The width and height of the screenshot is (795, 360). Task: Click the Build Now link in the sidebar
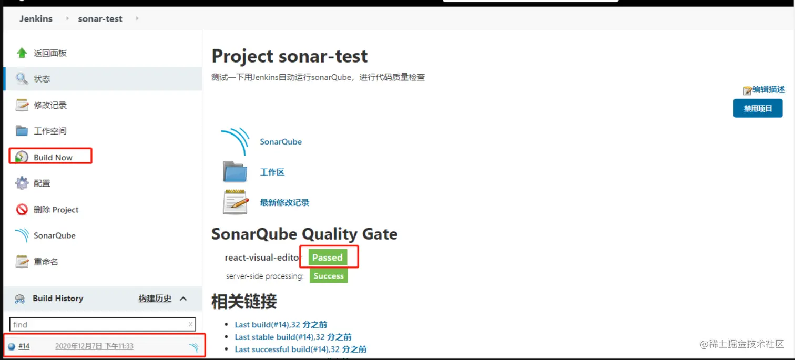(53, 157)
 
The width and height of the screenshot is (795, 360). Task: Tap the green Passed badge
(328, 258)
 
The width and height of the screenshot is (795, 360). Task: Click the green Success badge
(329, 276)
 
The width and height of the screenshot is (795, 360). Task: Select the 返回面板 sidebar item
(50, 53)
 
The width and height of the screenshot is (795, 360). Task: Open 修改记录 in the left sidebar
(50, 105)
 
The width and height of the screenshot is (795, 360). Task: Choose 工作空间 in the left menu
(50, 131)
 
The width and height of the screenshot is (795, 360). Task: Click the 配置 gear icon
(22, 183)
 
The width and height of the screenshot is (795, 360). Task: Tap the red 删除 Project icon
(22, 210)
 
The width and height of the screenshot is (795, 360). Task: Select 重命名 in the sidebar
(46, 262)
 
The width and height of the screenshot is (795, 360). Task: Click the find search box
(100, 324)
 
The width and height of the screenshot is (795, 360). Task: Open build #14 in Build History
(24, 346)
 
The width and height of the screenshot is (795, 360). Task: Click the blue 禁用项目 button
(758, 109)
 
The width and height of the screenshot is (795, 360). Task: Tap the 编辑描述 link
(768, 90)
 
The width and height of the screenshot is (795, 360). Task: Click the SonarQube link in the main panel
(281, 142)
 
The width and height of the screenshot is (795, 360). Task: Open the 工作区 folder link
(272, 172)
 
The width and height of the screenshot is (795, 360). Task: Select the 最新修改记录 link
(284, 203)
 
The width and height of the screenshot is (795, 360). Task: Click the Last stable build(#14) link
(293, 337)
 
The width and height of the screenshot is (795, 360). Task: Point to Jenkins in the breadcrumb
(36, 19)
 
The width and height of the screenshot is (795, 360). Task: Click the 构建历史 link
(155, 299)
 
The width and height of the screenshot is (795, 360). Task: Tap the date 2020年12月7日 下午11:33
(94, 346)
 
